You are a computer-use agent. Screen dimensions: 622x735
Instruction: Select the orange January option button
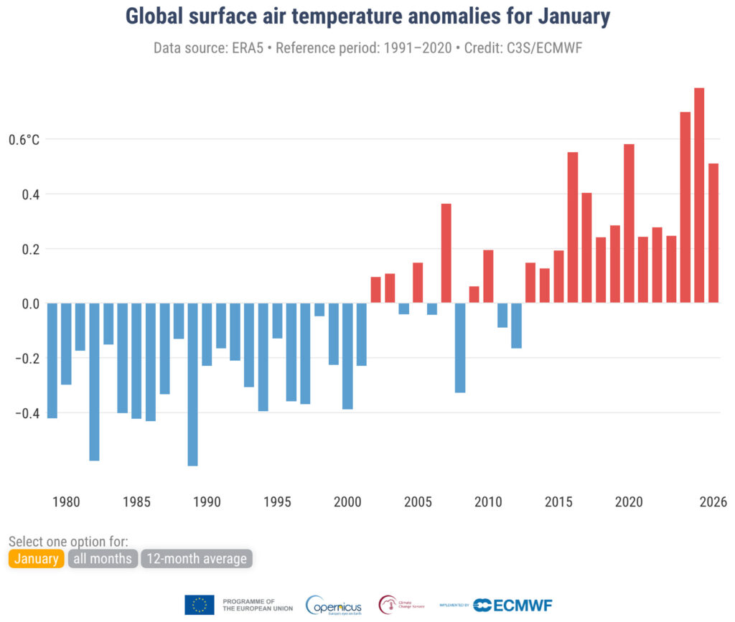[x=37, y=558]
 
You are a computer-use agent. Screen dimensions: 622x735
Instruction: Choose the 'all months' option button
[x=103, y=558]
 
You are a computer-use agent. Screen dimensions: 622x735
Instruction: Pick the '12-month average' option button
[x=197, y=558]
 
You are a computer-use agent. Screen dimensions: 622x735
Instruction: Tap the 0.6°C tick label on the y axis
[x=24, y=139]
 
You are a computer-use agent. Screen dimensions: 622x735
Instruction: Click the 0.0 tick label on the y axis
[x=29, y=303]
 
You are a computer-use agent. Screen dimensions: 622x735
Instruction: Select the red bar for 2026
[x=713, y=233]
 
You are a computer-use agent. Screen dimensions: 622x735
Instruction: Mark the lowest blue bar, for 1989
[x=192, y=384]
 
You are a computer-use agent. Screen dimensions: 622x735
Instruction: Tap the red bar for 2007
[x=446, y=253]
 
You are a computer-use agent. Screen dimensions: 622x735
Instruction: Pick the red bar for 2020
[x=629, y=223]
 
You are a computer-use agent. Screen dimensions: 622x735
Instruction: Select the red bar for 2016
[x=573, y=227]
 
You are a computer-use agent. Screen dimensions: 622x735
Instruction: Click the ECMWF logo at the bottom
[x=512, y=605]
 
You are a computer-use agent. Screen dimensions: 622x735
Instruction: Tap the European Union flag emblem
[x=199, y=605]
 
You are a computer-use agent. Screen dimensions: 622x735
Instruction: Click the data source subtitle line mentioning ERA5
[x=367, y=48]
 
